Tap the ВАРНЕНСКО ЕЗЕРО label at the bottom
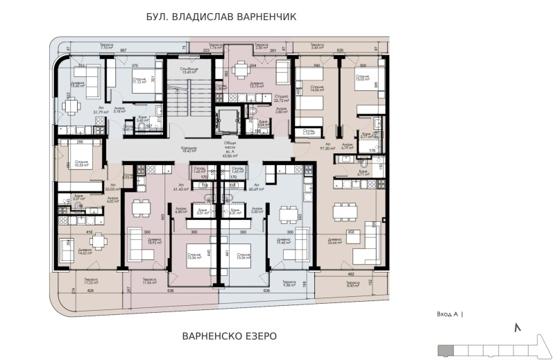(x=229, y=336)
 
